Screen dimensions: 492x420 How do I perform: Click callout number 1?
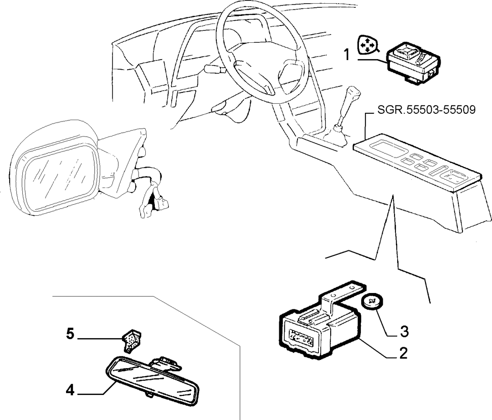(x=347, y=55)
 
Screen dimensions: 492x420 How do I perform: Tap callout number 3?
(x=404, y=332)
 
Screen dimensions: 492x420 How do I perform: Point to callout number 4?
(x=70, y=390)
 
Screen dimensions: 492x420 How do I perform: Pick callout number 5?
(x=70, y=334)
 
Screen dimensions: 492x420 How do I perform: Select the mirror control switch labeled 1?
(x=413, y=63)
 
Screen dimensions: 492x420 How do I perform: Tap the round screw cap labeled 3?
(x=372, y=302)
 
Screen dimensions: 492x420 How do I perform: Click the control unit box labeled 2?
(x=320, y=323)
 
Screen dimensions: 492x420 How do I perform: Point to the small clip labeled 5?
(x=132, y=339)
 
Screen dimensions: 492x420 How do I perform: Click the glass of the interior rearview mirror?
(x=154, y=380)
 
